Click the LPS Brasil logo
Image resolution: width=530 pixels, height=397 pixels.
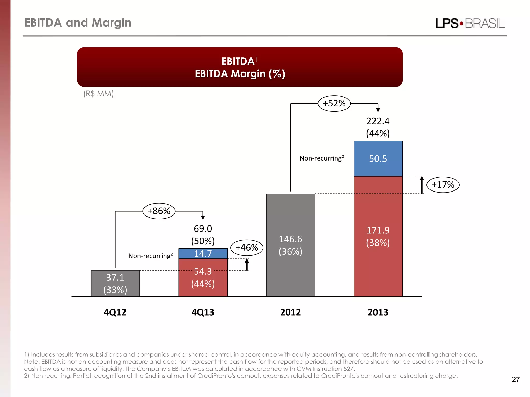click(x=470, y=23)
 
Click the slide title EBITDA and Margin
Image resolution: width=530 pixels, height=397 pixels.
click(x=78, y=23)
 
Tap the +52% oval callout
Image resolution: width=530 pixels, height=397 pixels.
click(x=334, y=103)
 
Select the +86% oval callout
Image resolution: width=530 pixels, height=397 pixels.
click(x=159, y=211)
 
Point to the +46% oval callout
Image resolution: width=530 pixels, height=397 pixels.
click(x=247, y=248)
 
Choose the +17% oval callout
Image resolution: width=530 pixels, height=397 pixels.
click(x=443, y=185)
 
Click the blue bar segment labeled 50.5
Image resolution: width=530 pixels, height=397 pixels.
click(x=378, y=158)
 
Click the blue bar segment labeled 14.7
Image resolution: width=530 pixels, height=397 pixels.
click(x=203, y=254)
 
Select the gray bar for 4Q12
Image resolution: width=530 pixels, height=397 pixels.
click(x=115, y=284)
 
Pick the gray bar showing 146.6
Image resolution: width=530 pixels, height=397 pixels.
click(x=291, y=245)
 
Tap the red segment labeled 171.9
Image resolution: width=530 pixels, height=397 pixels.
click(x=378, y=236)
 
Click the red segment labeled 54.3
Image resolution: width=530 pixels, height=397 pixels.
click(x=203, y=278)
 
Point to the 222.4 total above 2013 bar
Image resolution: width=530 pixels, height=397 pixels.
click(x=378, y=121)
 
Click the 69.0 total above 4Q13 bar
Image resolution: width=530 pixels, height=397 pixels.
click(x=203, y=228)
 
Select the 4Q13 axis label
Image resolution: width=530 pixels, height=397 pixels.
click(x=203, y=312)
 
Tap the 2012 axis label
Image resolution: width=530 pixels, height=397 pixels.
click(x=290, y=312)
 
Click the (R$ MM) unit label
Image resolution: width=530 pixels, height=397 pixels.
click(x=98, y=94)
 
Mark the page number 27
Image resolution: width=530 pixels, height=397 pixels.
click(x=516, y=379)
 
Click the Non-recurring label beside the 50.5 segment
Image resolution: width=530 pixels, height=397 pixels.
click(x=322, y=158)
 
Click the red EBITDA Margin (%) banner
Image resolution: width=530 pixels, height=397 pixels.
click(x=240, y=67)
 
